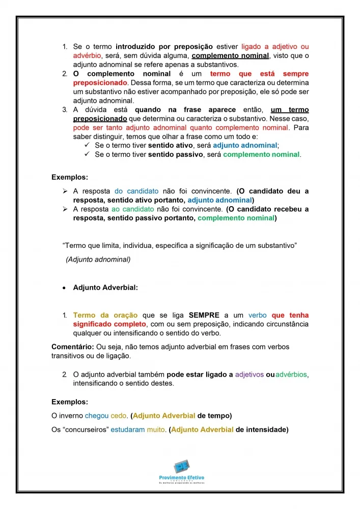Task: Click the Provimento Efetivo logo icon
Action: [x=181, y=467]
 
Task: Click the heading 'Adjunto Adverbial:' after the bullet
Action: [x=105, y=288]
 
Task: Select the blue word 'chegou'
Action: [x=97, y=415]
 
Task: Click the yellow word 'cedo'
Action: [x=119, y=415]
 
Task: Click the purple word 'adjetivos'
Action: [x=250, y=375]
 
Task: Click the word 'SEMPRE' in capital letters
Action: [x=204, y=315]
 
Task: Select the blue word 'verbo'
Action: [x=258, y=315]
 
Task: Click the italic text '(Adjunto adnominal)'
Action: [x=98, y=260]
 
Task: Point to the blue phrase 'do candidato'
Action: [x=136, y=191]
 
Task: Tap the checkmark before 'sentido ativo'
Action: [x=87, y=145]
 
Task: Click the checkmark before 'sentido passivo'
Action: [x=87, y=154]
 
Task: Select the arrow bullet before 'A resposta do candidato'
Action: [x=65, y=191]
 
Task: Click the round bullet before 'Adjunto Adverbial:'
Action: [x=64, y=288]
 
